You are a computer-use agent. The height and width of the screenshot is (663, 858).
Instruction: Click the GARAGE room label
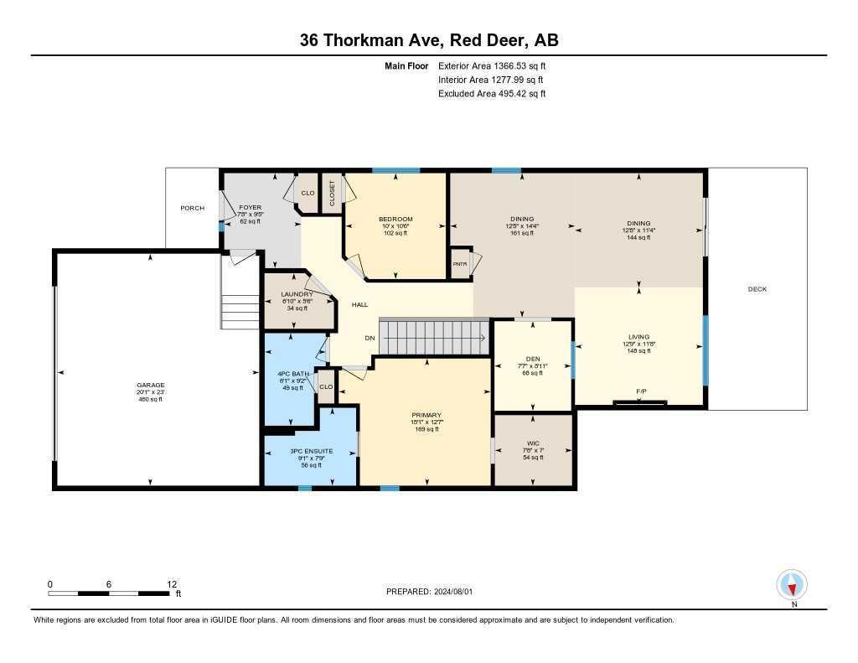pos(151,386)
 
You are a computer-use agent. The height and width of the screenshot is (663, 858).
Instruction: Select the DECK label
pos(757,289)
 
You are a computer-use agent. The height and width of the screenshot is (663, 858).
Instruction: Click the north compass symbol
pos(792,584)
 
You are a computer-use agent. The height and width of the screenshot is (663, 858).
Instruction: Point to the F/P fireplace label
pos(641,391)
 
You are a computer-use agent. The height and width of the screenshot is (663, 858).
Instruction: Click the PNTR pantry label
pos(460,263)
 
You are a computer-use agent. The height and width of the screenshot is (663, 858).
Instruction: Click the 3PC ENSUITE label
pos(310,451)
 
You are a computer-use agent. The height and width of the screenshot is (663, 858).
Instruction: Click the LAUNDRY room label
pos(297,294)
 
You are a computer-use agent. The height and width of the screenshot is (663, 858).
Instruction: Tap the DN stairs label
pos(369,338)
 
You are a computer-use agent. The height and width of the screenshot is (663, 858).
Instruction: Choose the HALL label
pos(359,305)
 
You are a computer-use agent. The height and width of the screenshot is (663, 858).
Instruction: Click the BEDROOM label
pos(395,219)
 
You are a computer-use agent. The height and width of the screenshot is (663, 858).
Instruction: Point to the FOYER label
pos(251,206)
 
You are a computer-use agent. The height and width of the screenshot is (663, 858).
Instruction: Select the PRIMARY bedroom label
pos(426,415)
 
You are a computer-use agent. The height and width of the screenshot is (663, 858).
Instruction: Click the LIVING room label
pos(638,337)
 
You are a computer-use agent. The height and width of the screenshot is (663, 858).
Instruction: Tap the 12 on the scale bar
pos(172,584)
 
